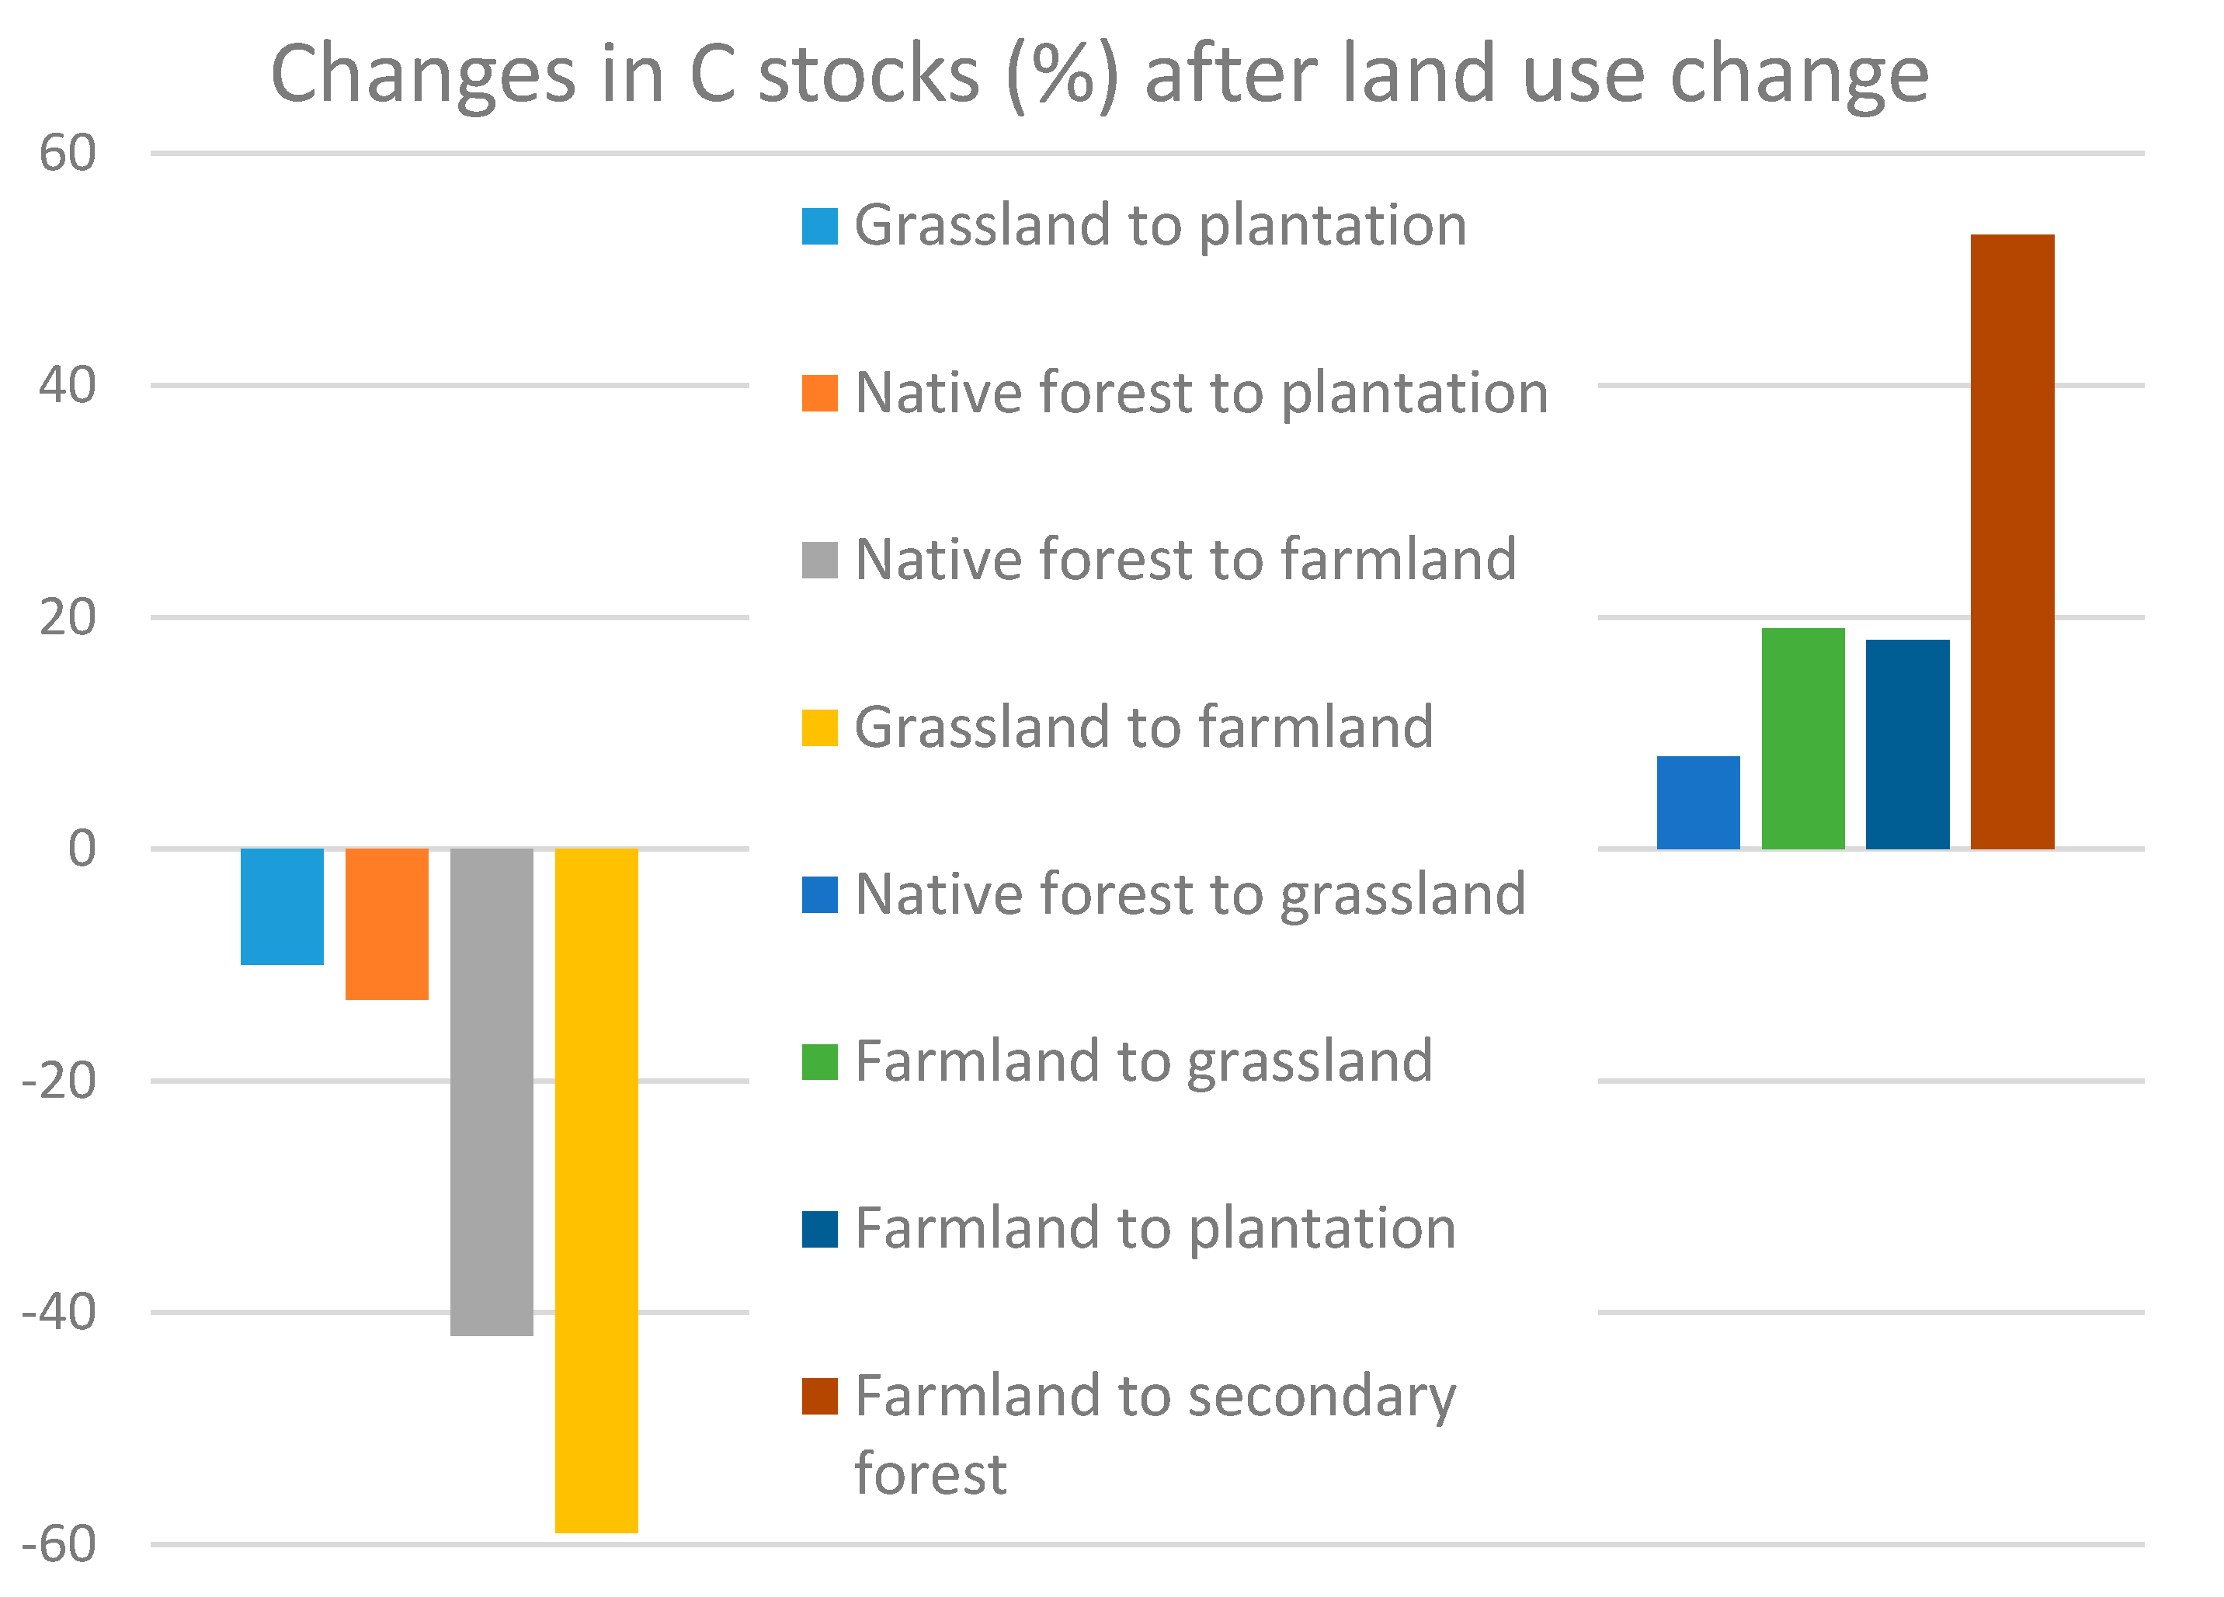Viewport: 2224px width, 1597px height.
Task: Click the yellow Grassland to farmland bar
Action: tap(596, 1190)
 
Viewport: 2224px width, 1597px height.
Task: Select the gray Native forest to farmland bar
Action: tap(492, 1092)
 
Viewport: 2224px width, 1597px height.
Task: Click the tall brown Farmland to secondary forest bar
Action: tap(2012, 542)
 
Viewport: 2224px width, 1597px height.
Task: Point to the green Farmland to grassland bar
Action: tap(1802, 738)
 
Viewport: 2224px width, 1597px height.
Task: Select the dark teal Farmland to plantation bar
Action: tap(1907, 744)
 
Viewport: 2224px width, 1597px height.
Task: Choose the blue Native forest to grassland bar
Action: tap(1698, 803)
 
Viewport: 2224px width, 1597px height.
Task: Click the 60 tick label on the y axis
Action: tap(68, 154)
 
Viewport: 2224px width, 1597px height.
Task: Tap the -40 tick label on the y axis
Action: tap(59, 1313)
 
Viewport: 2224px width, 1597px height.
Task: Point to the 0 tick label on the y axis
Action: tap(82, 849)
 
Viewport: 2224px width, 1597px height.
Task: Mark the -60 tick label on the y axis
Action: tap(59, 1545)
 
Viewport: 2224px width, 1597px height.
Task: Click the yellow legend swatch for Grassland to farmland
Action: tap(820, 728)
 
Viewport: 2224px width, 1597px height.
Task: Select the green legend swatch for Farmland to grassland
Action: tap(820, 1063)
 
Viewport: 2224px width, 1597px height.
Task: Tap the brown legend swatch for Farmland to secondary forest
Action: tap(820, 1397)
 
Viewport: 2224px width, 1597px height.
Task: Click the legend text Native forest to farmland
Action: tap(1186, 560)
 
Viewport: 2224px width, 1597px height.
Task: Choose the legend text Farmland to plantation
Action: tap(1155, 1229)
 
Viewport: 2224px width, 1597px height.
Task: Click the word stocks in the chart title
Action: tap(869, 75)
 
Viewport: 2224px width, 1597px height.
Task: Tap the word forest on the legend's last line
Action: tap(930, 1474)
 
